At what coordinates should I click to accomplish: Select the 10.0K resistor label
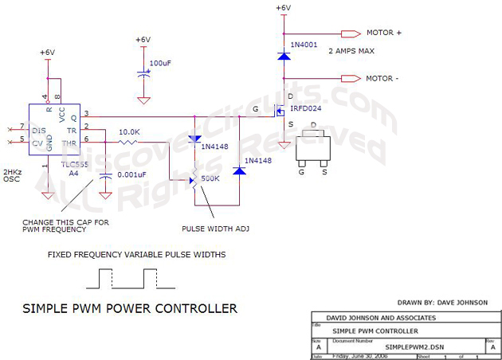pos(130,132)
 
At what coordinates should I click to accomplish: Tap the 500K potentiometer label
pos(210,178)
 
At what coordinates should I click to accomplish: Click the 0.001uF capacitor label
pos(132,174)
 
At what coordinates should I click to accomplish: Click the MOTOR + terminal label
pos(384,33)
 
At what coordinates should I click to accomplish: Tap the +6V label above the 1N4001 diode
pos(283,8)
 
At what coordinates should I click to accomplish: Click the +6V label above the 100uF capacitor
pos(143,40)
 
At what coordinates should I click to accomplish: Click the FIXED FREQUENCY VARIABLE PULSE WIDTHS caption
pos(135,255)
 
